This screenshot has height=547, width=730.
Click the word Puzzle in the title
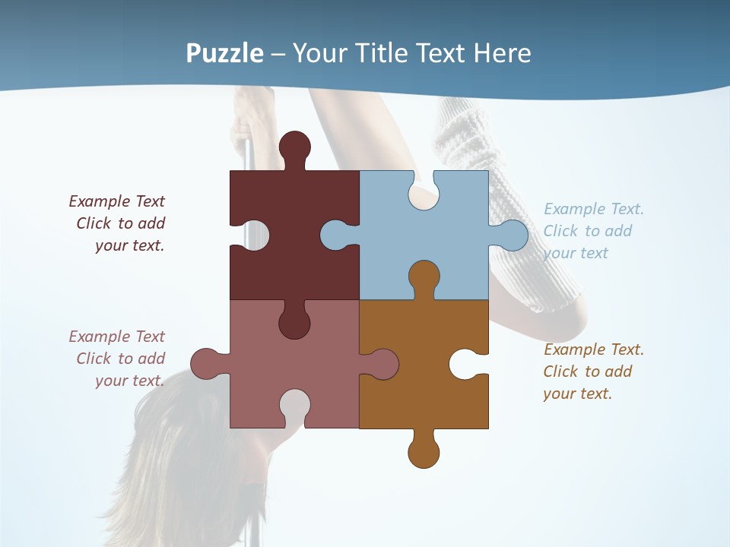[x=225, y=53]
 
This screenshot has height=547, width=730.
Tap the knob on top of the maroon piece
[x=295, y=147]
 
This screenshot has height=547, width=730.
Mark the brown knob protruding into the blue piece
[x=424, y=278]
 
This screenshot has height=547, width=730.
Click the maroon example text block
[x=119, y=223]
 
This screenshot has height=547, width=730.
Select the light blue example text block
[x=593, y=231]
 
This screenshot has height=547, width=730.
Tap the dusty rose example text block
[x=119, y=359]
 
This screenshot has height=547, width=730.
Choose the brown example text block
[x=593, y=372]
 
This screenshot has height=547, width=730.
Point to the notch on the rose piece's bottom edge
[x=295, y=406]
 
